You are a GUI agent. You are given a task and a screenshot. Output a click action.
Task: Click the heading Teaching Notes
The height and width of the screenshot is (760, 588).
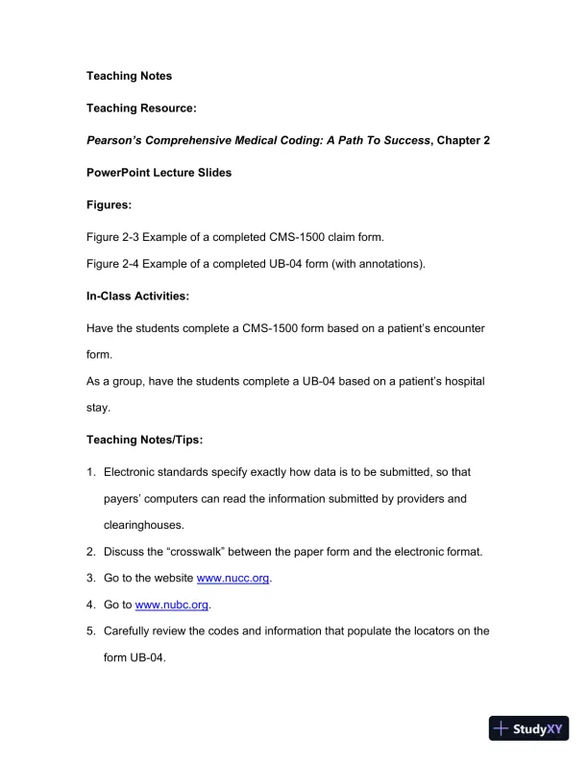129,75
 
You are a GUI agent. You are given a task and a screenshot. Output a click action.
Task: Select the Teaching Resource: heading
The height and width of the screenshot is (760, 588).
141,108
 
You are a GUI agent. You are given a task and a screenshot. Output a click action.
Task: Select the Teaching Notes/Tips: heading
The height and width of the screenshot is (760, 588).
144,439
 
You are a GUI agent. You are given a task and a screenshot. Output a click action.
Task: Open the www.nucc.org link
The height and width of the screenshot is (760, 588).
233,578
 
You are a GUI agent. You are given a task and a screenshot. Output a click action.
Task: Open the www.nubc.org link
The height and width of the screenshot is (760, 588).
172,605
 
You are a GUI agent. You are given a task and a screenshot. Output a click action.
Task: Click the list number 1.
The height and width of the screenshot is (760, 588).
90,472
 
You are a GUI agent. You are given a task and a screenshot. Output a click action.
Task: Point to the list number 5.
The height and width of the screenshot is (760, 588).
90,630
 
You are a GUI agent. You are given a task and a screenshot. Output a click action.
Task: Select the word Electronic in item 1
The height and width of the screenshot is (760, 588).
133,472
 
